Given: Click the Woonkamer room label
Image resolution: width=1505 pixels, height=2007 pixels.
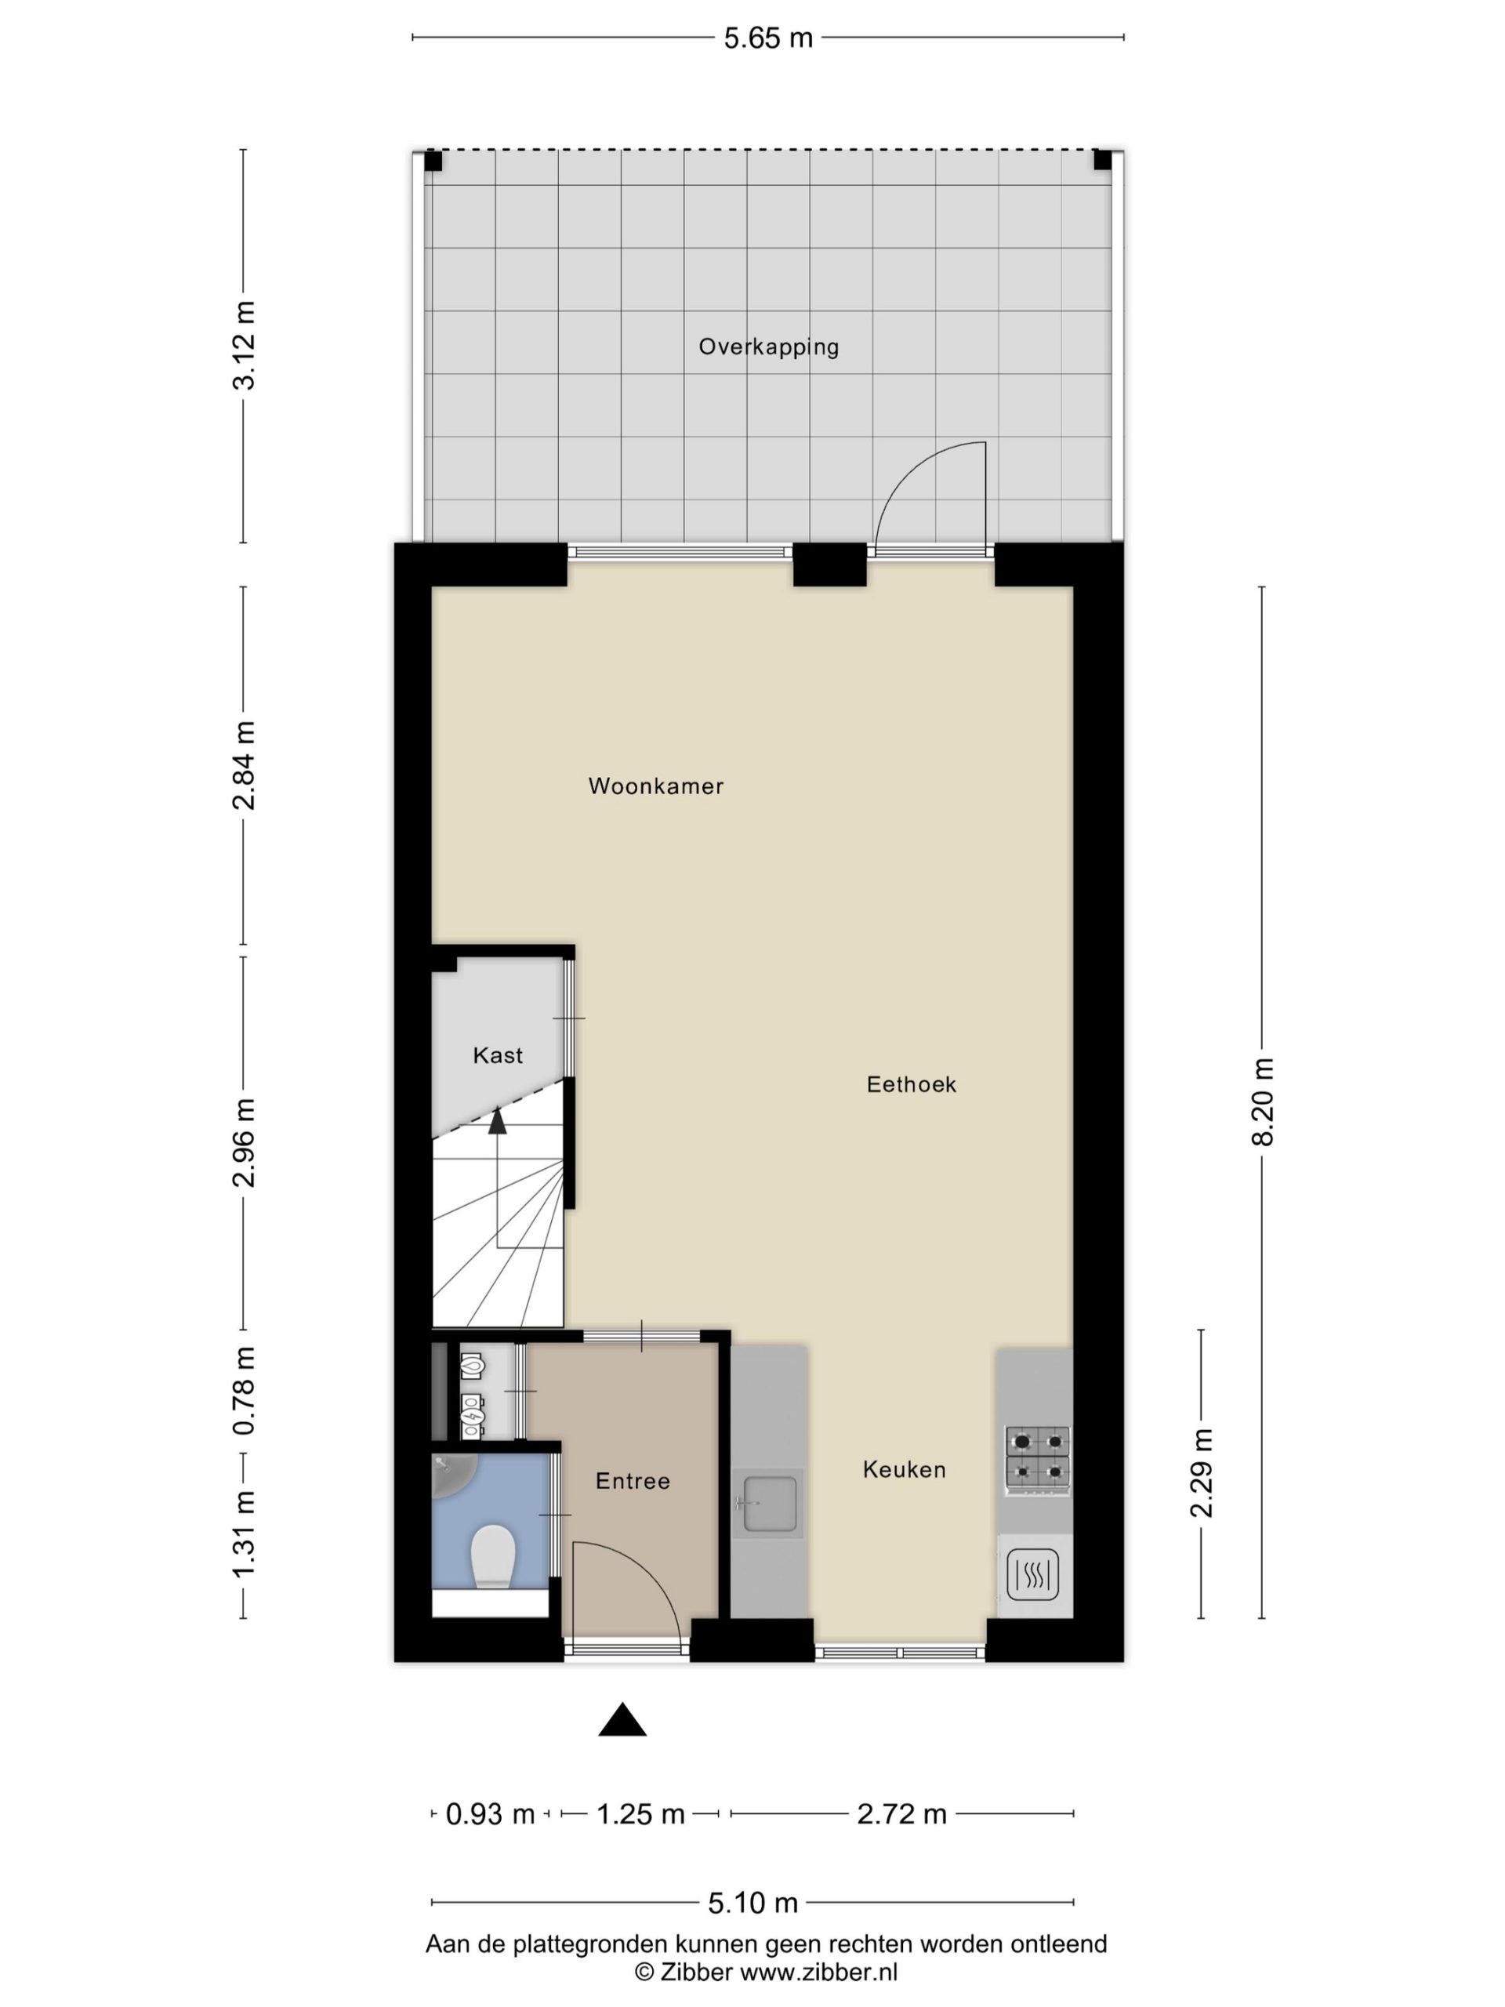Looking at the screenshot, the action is pos(655,786).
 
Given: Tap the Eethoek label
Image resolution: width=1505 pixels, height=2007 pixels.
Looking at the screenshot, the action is pos(911,1084).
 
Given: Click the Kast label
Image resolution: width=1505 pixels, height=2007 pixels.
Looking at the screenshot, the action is pos(498,1055).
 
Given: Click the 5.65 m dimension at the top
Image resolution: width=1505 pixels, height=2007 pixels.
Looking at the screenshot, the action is pos(767,38).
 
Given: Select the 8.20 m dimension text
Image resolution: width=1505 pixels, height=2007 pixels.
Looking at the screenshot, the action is pos(1262,1102).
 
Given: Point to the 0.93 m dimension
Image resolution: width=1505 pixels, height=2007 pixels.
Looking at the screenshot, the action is pos(490,1813).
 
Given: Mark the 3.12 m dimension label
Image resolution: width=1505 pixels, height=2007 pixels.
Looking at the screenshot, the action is pos(243,346).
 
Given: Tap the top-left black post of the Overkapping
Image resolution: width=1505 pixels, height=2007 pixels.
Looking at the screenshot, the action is pos(433,162).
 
